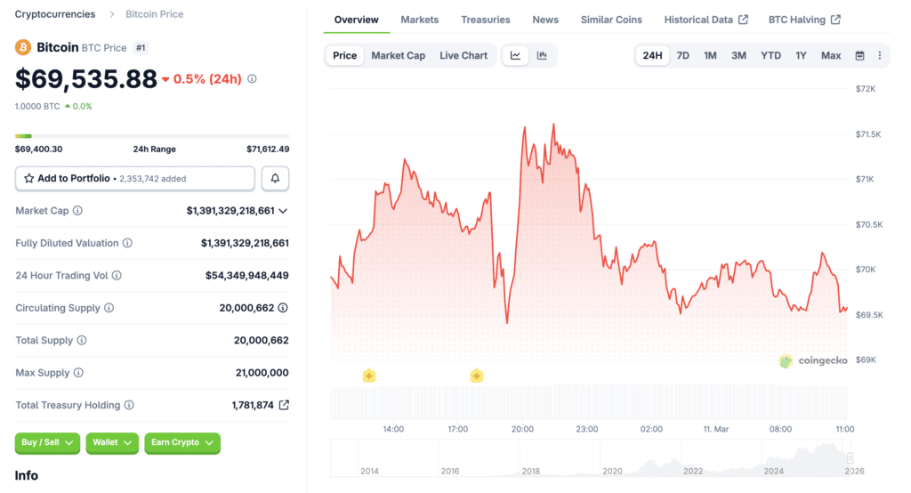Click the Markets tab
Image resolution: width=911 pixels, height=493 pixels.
[419, 20]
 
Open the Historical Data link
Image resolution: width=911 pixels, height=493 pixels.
[705, 20]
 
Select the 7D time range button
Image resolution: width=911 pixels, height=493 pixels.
[682, 55]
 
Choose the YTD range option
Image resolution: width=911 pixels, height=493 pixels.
[770, 55]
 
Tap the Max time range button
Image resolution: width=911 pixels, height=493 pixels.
[831, 55]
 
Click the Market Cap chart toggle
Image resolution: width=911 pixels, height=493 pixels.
[398, 55]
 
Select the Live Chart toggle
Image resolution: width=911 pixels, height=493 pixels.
[464, 55]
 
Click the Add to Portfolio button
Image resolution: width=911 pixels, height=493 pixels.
[135, 179]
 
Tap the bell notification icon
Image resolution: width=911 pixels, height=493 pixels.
[275, 179]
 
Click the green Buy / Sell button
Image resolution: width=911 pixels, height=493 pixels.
[47, 442]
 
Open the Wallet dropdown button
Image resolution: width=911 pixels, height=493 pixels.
[112, 442]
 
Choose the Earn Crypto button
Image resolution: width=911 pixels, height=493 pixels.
[181, 442]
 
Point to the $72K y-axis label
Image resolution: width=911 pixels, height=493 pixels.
[866, 89]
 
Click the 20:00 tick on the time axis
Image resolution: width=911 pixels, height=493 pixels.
[522, 429]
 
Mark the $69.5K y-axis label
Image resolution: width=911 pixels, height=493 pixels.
[867, 315]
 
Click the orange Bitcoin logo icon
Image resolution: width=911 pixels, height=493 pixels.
[23, 47]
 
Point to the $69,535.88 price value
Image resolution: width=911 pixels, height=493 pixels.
[86, 79]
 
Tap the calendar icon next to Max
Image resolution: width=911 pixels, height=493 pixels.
[859, 55]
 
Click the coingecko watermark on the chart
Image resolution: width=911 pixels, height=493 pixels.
[811, 360]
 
